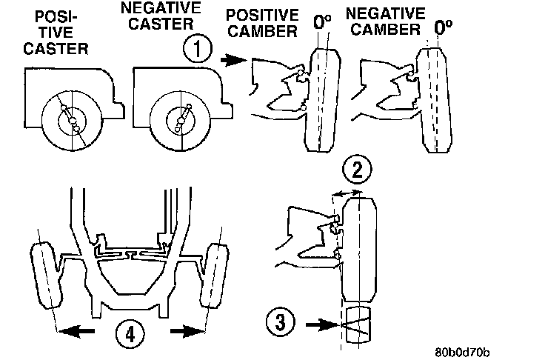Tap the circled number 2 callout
pyautogui.click(x=358, y=170)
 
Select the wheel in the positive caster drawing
pyautogui.click(x=71, y=121)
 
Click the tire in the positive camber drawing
pyautogui.click(x=321, y=100)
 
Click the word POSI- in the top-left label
pyautogui.click(x=49, y=14)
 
